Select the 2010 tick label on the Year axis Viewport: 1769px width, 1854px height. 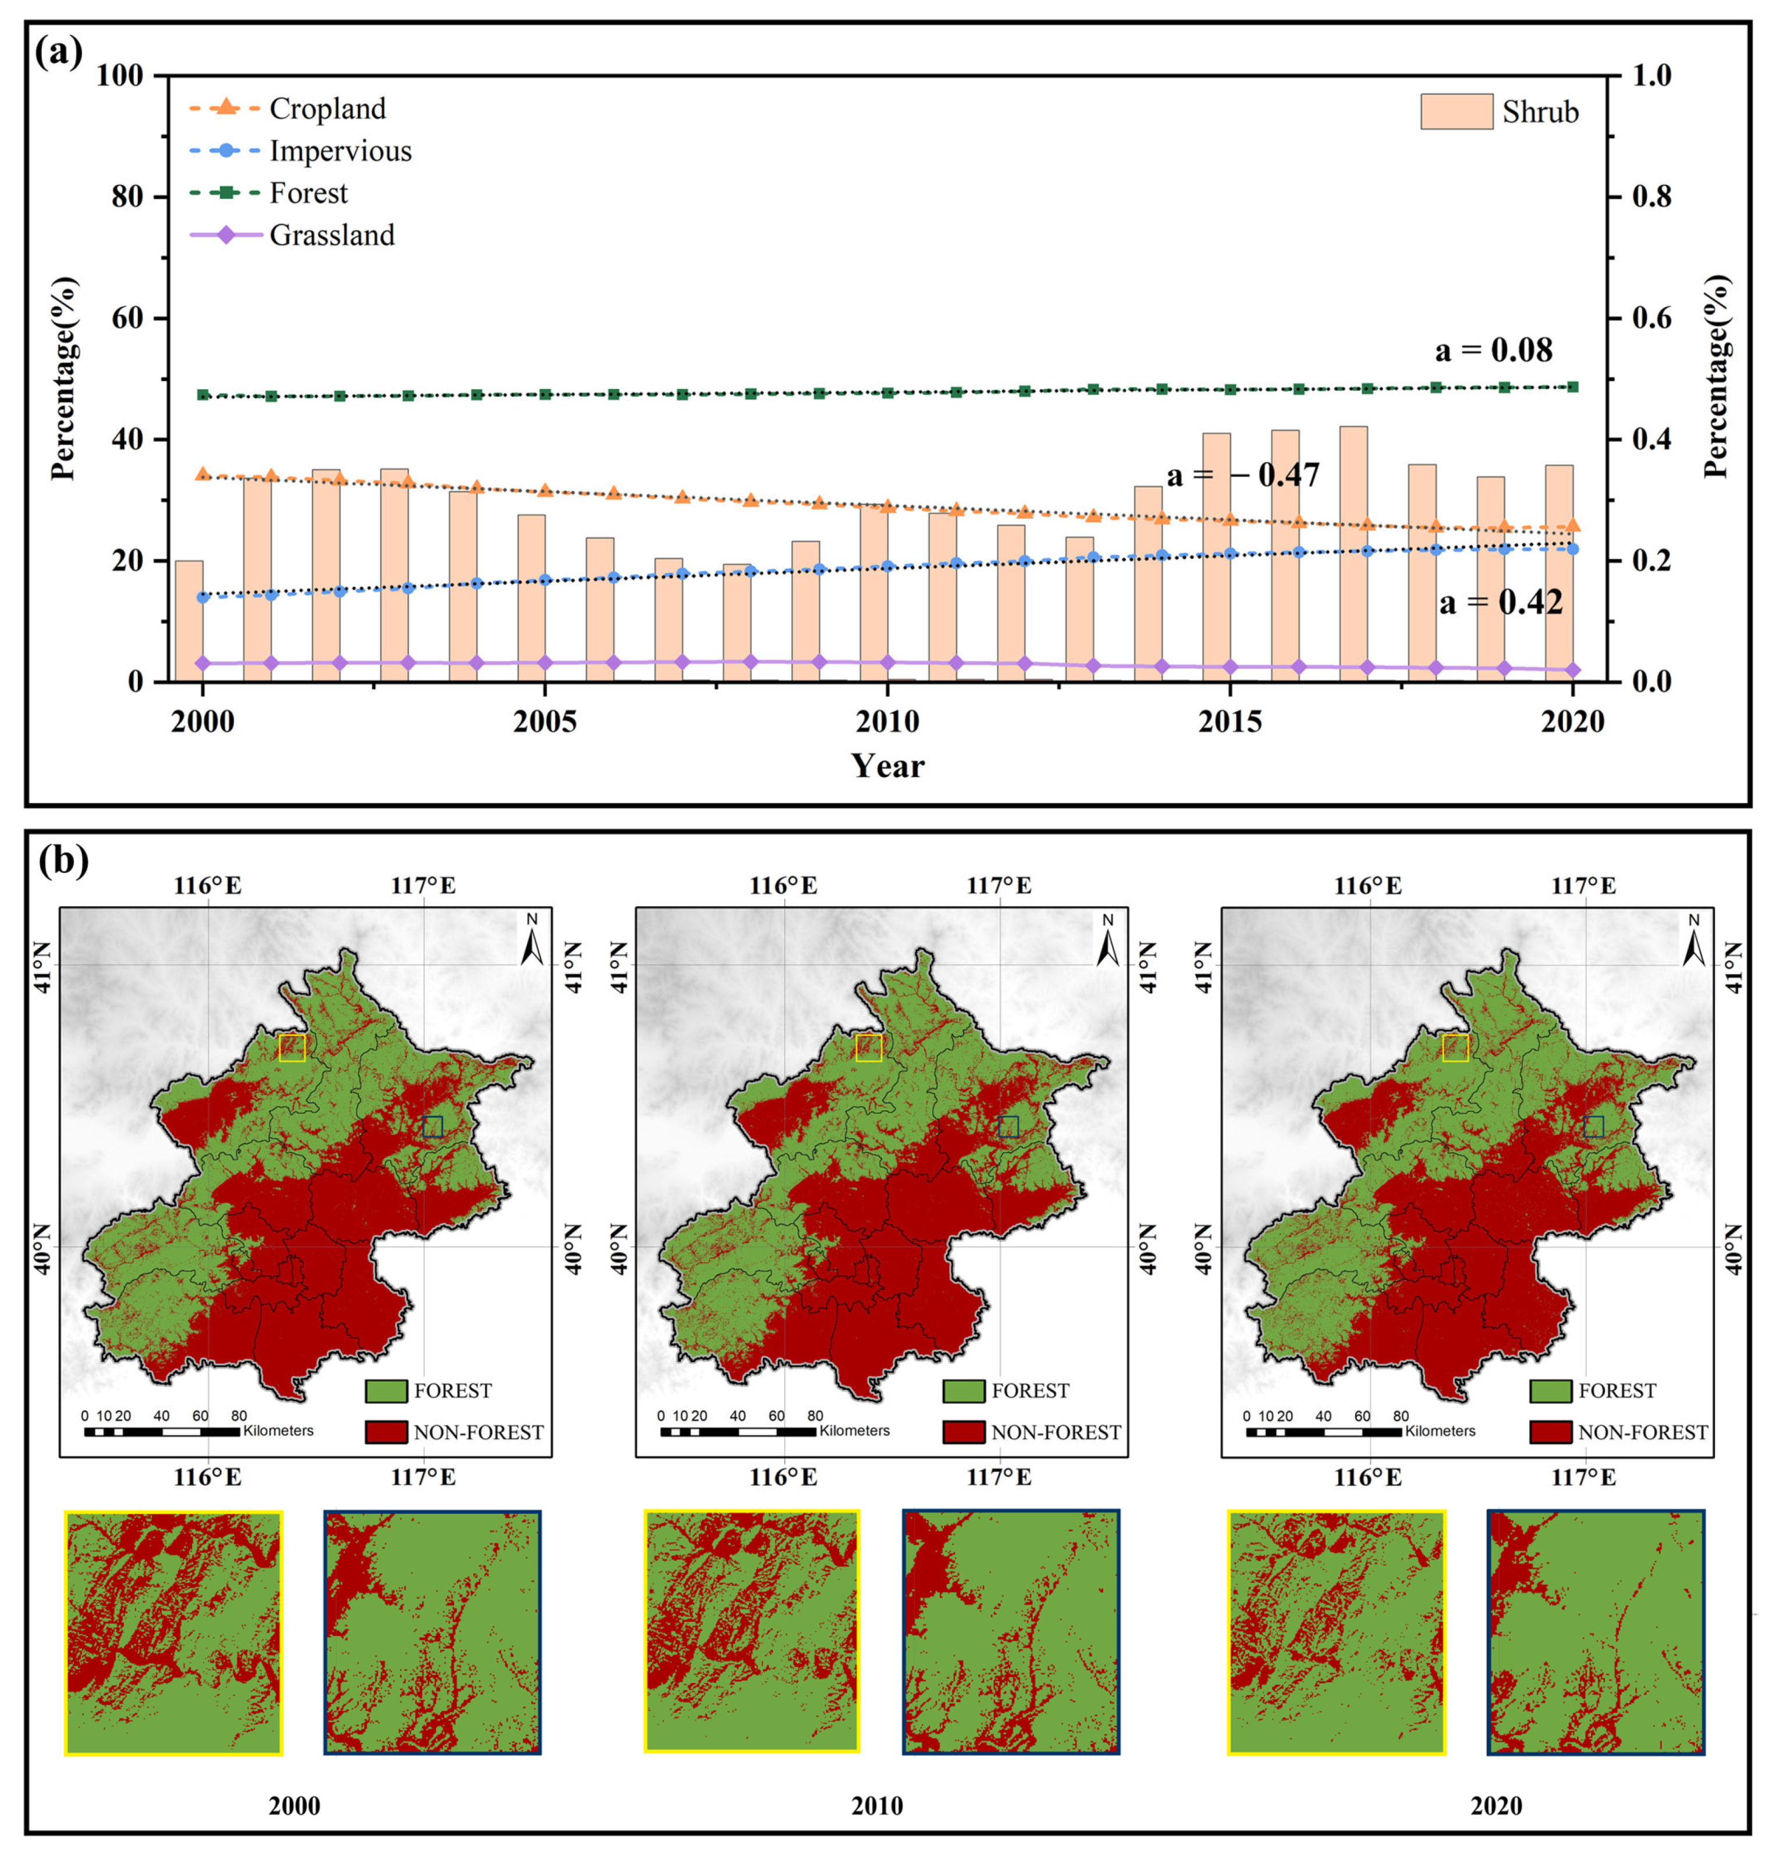pyautogui.click(x=886, y=722)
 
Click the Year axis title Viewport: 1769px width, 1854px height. pyautogui.click(x=887, y=765)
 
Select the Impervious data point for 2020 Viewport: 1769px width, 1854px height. pyautogui.click(x=1572, y=548)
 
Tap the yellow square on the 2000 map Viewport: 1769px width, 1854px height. pyautogui.click(x=292, y=1048)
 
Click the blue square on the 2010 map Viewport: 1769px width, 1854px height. pyautogui.click(x=1008, y=1126)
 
